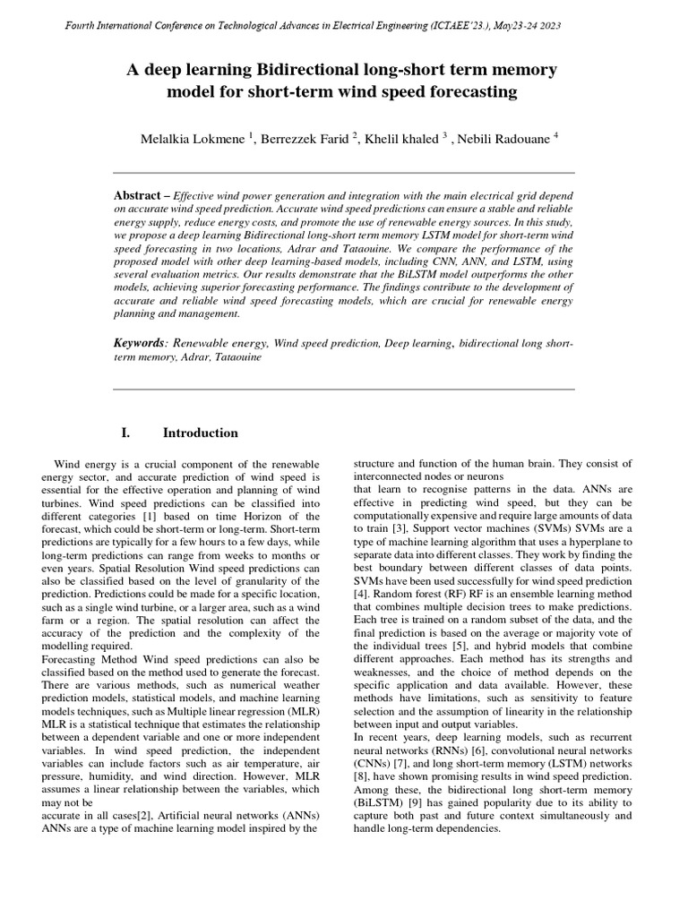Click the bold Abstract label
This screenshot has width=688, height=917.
[139, 195]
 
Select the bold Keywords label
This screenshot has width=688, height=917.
[140, 343]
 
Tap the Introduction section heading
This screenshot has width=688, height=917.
[200, 433]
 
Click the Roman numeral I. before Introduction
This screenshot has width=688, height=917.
[125, 433]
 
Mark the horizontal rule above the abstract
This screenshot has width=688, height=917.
[344, 172]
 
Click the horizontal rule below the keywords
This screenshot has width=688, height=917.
[344, 390]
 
